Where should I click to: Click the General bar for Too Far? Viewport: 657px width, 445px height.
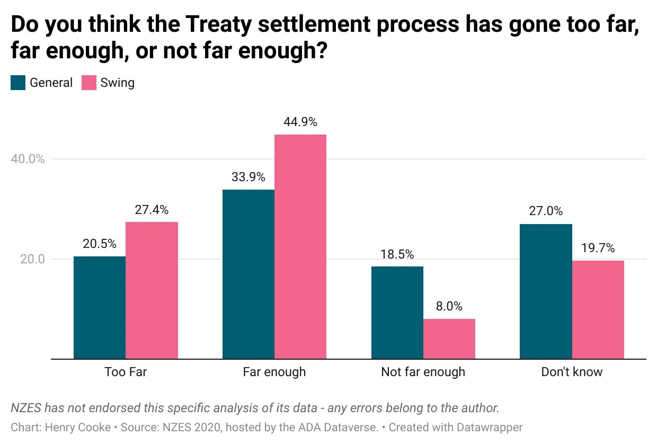[x=100, y=308]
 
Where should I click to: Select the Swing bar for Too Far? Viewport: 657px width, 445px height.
[x=152, y=290]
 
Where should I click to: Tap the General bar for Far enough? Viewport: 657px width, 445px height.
[x=248, y=274]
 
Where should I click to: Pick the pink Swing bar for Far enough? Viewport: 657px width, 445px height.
[x=300, y=247]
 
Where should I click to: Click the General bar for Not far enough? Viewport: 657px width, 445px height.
[x=397, y=313]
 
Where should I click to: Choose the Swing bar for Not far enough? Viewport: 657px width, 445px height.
[x=449, y=339]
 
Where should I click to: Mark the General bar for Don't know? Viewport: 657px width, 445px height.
[x=546, y=291]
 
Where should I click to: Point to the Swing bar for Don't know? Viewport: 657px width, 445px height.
[x=598, y=310]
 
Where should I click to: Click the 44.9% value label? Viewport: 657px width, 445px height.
[x=300, y=122]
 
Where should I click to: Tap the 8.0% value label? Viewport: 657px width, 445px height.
[x=449, y=306]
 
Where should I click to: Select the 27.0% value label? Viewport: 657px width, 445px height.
[x=546, y=211]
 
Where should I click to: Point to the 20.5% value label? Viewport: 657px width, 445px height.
[x=100, y=244]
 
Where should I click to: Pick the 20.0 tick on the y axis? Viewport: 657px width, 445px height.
[x=33, y=260]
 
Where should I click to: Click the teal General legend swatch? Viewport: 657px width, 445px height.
[x=18, y=83]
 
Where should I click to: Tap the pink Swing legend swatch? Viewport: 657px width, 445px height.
[x=89, y=83]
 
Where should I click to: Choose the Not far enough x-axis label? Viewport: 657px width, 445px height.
[x=423, y=372]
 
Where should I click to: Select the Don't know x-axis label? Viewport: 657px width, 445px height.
[x=572, y=372]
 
